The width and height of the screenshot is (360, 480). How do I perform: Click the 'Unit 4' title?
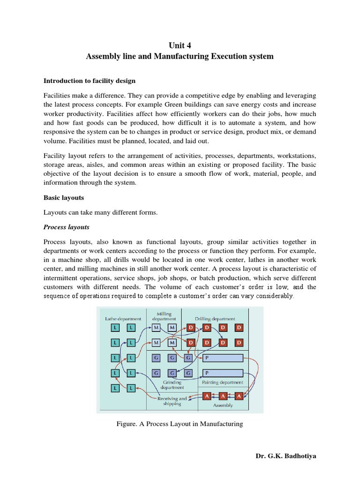180,45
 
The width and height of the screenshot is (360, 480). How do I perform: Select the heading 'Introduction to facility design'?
90,81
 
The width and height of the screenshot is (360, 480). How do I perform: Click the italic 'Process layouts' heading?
66,227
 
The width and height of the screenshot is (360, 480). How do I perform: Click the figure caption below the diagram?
180,424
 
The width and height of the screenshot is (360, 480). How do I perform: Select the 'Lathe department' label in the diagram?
123,319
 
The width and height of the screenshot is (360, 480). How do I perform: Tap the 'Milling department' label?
164,316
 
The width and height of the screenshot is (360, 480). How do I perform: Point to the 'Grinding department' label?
172,385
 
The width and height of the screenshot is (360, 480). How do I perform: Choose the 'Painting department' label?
222,382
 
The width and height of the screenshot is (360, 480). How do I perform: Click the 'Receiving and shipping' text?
172,401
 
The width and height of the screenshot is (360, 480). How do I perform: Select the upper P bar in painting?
222,359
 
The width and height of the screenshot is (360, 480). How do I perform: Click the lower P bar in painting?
222,373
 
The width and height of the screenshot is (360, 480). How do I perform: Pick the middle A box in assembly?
223,396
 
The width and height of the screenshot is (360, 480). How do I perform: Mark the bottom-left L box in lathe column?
116,388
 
